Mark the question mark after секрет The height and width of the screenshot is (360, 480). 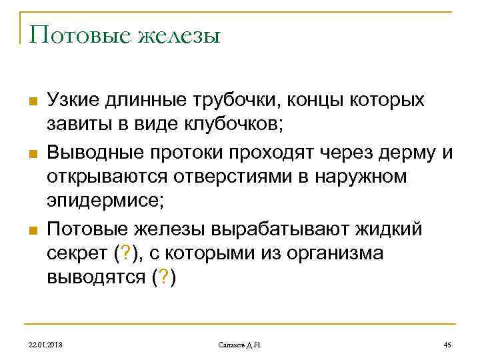pos(124,255)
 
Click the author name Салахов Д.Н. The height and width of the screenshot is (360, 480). pos(240,343)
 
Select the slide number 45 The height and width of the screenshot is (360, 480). pos(447,343)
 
